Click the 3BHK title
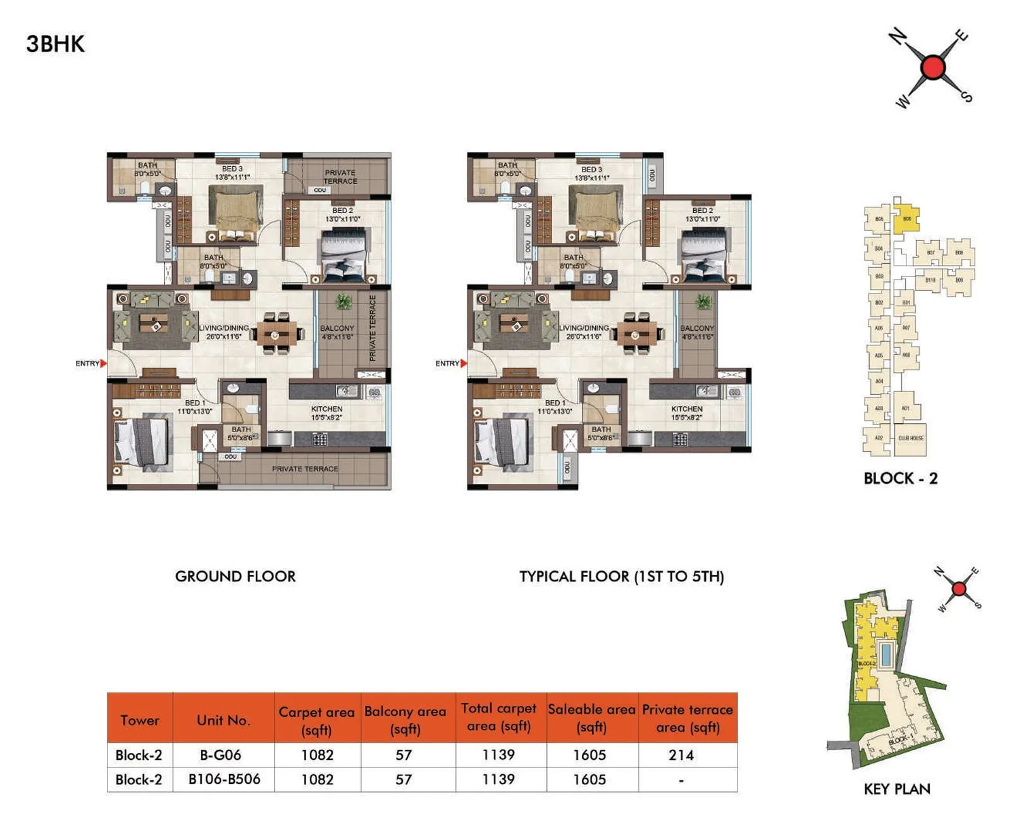(55, 44)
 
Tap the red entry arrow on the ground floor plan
(104, 363)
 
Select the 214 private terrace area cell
(681, 755)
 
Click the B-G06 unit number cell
(221, 755)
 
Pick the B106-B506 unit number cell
(224, 779)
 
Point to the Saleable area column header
(591, 718)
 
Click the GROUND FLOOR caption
(235, 576)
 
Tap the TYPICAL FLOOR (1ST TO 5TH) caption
(621, 576)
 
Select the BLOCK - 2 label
(900, 478)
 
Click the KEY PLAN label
(897, 789)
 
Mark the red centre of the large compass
(933, 67)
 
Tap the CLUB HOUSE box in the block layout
(910, 438)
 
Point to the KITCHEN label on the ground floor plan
(326, 409)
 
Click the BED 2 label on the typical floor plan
(702, 211)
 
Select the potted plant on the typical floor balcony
(703, 302)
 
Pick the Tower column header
(140, 720)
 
